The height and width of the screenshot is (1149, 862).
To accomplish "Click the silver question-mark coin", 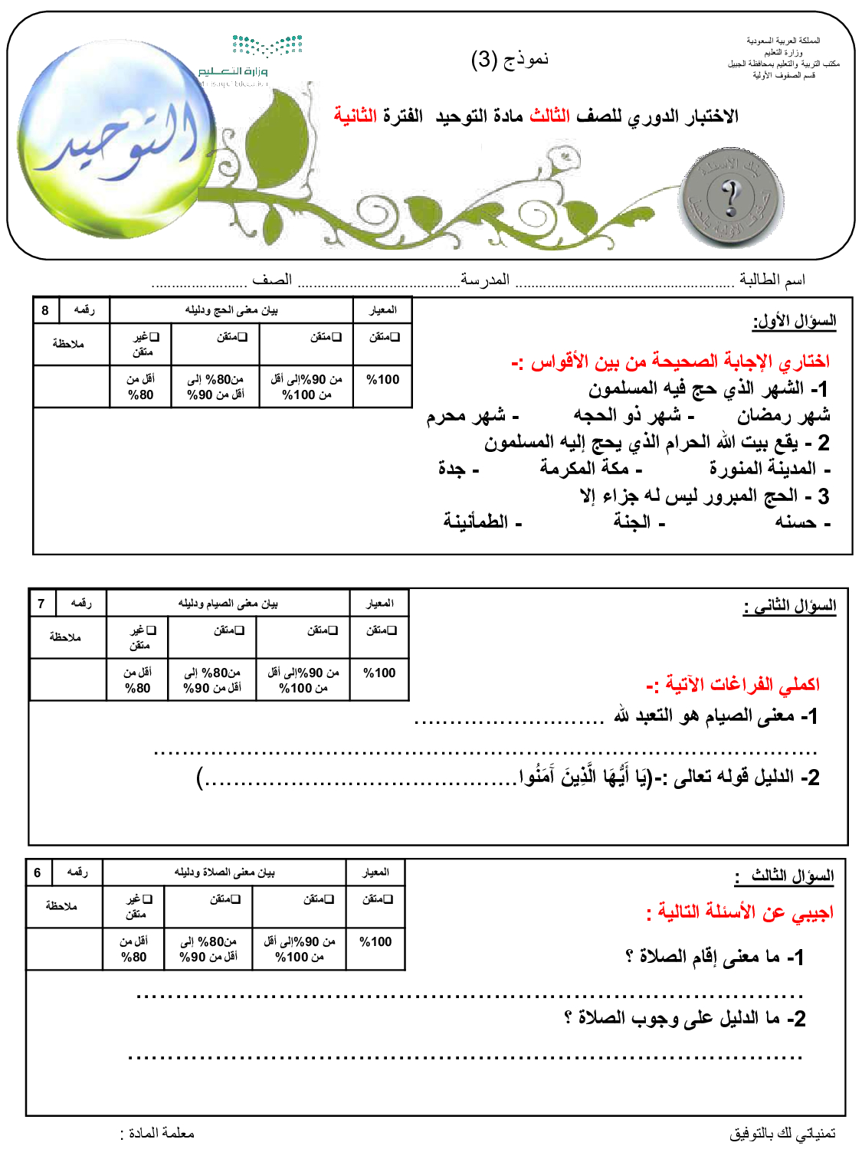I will point(730,199).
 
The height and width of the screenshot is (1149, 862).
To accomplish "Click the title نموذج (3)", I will point(510,59).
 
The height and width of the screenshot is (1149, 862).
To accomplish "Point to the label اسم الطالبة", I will point(772,280).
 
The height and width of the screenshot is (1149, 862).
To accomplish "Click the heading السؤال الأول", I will point(795,321).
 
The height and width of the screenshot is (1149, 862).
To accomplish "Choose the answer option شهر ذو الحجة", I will point(633,415).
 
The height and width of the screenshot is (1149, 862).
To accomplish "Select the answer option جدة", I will point(457,468).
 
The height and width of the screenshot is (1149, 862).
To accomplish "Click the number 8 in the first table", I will point(45,310).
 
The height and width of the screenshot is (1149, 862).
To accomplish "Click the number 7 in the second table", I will point(41,604).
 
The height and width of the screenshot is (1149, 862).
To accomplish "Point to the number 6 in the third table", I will point(38,872).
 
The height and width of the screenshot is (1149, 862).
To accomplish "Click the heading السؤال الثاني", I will point(790,607).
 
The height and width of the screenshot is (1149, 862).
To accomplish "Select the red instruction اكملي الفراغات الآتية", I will point(733,683).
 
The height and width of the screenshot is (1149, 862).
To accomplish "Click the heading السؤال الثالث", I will point(787,876).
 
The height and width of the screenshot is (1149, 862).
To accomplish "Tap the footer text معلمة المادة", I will point(158,1133).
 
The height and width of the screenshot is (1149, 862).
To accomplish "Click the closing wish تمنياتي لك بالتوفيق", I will point(782,1133).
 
